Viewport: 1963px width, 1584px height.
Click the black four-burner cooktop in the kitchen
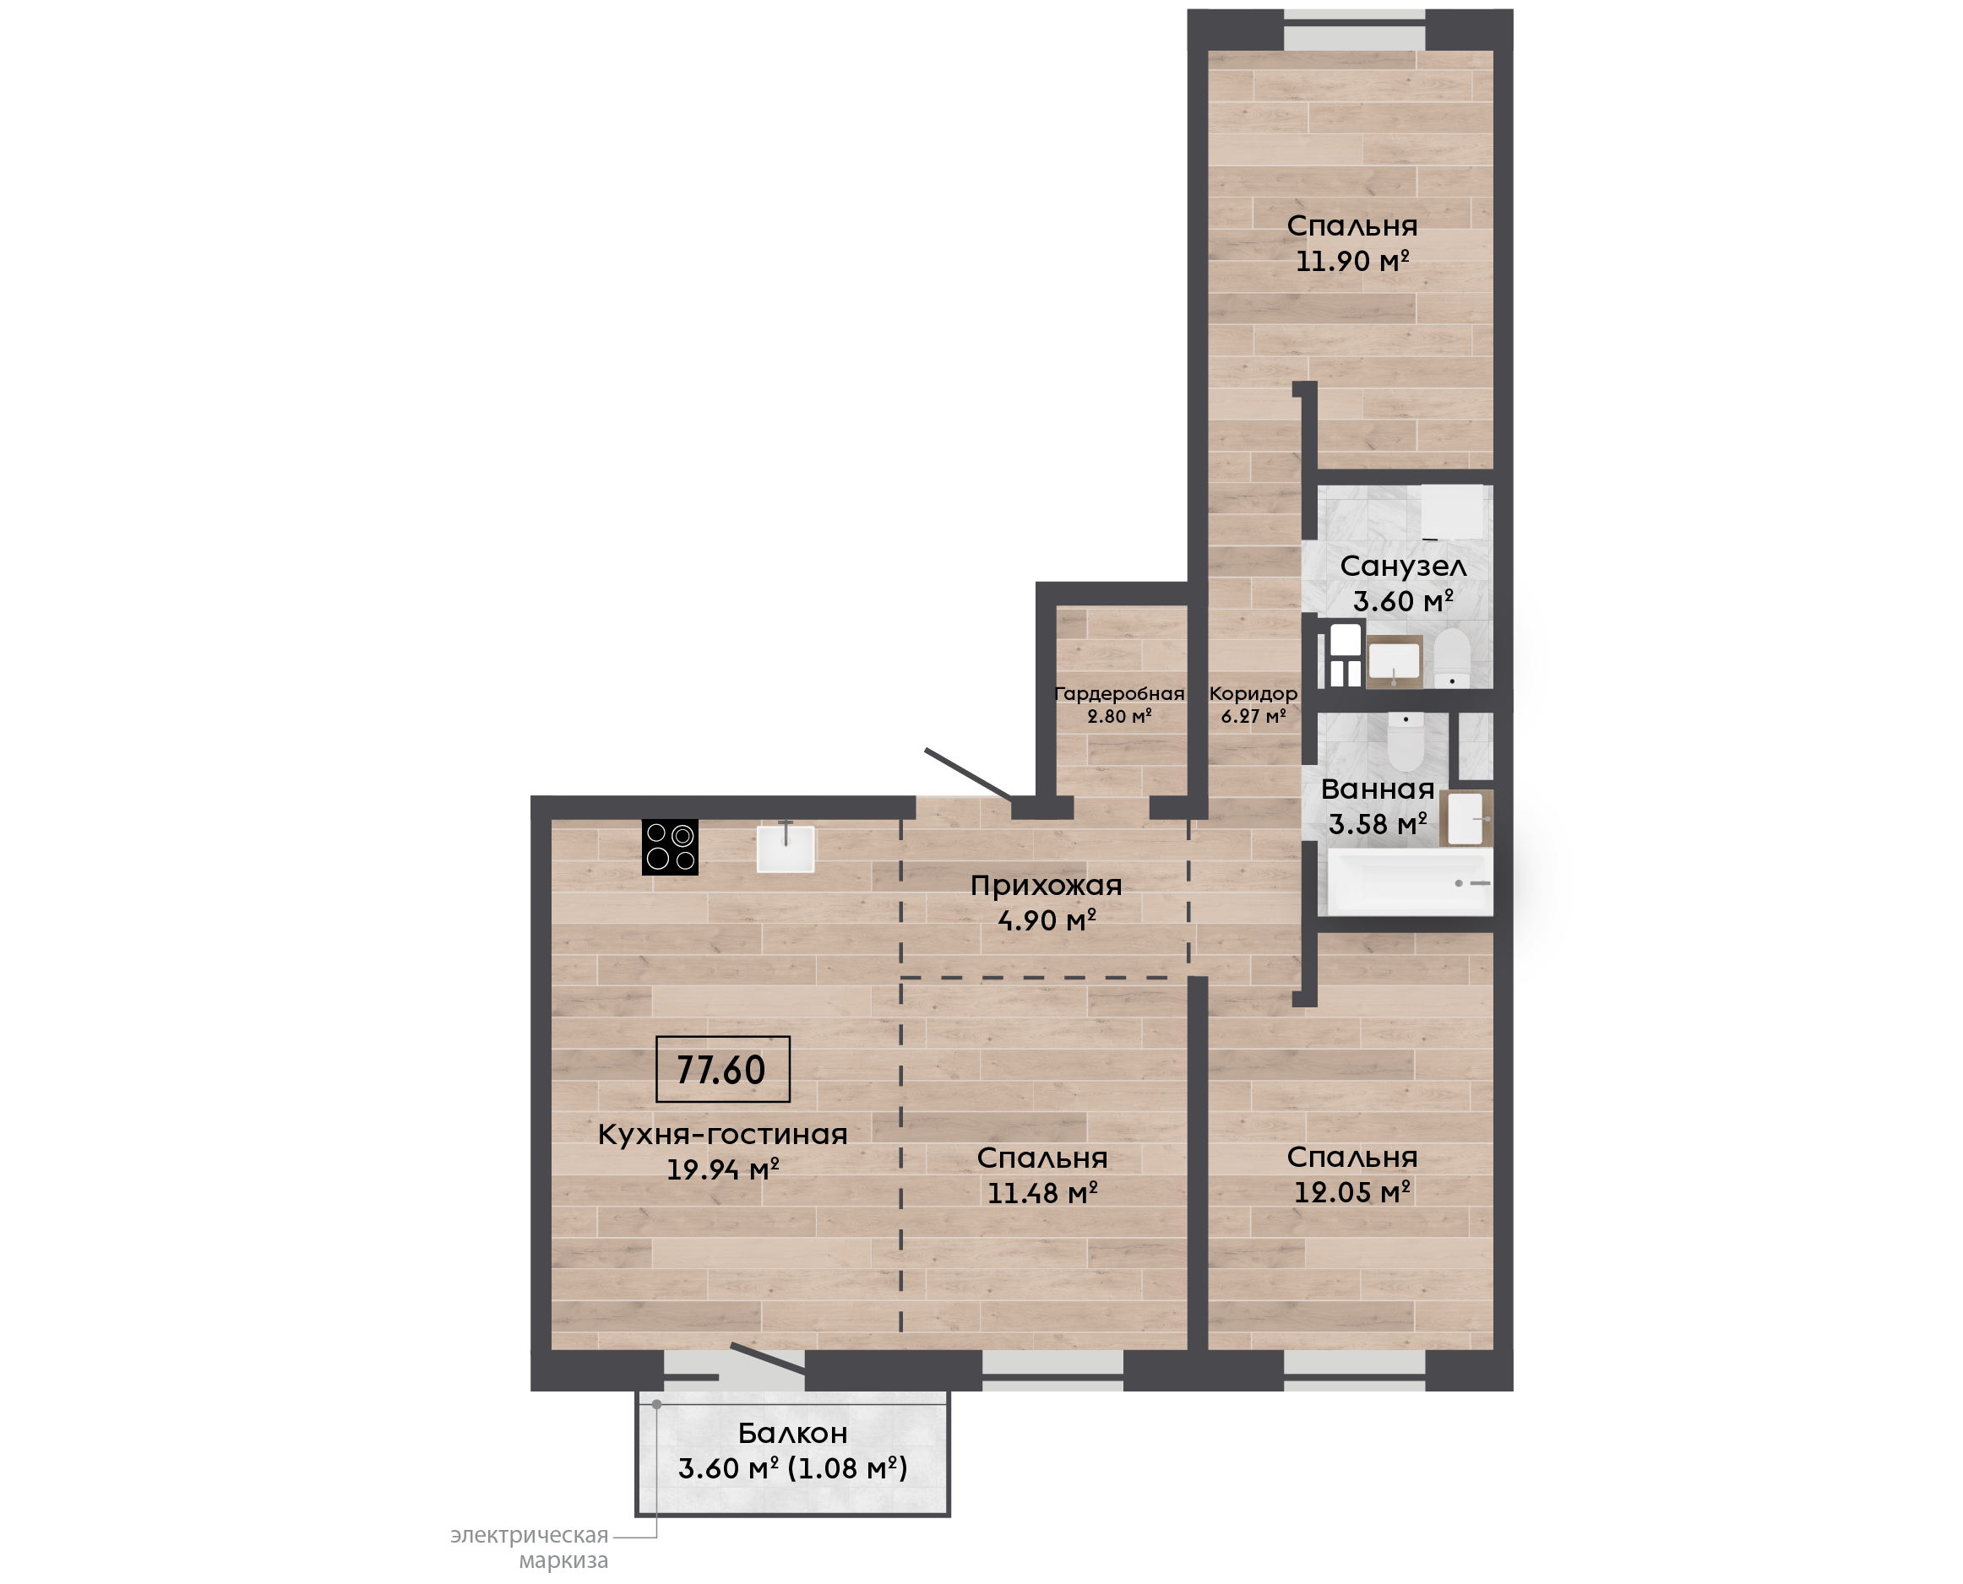coord(670,847)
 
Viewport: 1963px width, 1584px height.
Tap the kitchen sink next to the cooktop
coord(785,849)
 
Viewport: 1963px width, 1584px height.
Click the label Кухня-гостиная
coord(723,1134)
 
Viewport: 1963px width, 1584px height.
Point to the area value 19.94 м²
coord(723,1169)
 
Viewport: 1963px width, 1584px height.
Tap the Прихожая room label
coord(1046,885)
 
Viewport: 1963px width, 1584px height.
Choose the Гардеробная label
coord(1119,693)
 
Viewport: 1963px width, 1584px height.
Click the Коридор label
coord(1253,693)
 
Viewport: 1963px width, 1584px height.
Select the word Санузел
coord(1403,566)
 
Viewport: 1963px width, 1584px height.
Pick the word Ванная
coord(1377,789)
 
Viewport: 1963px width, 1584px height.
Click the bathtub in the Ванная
coord(1410,882)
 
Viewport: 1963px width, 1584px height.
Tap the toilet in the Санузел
coord(1451,657)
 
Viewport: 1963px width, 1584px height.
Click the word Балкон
coord(792,1434)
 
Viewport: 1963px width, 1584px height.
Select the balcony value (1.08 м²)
coord(848,1468)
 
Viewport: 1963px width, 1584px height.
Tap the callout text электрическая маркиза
coord(530,1548)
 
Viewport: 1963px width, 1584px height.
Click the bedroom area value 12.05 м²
coord(1352,1191)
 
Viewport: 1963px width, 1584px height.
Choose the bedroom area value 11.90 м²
coord(1352,261)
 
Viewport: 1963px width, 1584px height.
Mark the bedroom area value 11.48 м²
coord(1042,1192)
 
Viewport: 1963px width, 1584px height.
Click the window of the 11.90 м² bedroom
coord(1354,30)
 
